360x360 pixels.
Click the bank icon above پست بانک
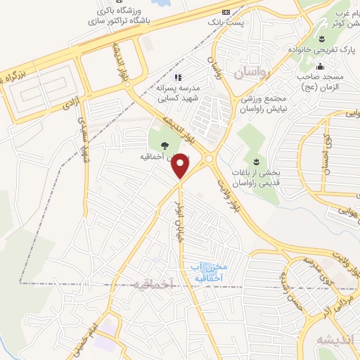pos(225,12)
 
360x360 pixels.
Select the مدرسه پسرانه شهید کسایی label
pos(179,93)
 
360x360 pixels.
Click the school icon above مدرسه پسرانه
pos(178,77)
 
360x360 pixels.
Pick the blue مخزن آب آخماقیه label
pos(207,273)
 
